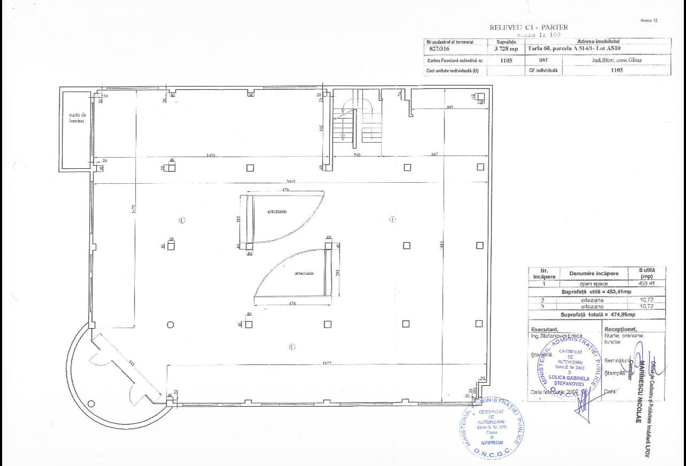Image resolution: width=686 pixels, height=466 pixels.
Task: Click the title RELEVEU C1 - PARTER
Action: click(528, 27)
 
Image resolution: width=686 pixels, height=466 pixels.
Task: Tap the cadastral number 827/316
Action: click(440, 48)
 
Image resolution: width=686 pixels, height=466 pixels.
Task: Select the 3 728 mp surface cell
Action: click(505, 48)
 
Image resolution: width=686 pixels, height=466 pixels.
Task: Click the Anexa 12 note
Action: click(648, 20)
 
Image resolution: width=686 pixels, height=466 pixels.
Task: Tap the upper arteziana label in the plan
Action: click(277, 211)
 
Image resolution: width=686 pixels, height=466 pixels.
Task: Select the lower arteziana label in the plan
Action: click(303, 273)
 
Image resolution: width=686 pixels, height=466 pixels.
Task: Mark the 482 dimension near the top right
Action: click(449, 108)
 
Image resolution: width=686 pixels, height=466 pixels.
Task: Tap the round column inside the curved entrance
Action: click(91, 403)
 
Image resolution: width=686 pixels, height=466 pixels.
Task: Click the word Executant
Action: click(544, 329)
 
